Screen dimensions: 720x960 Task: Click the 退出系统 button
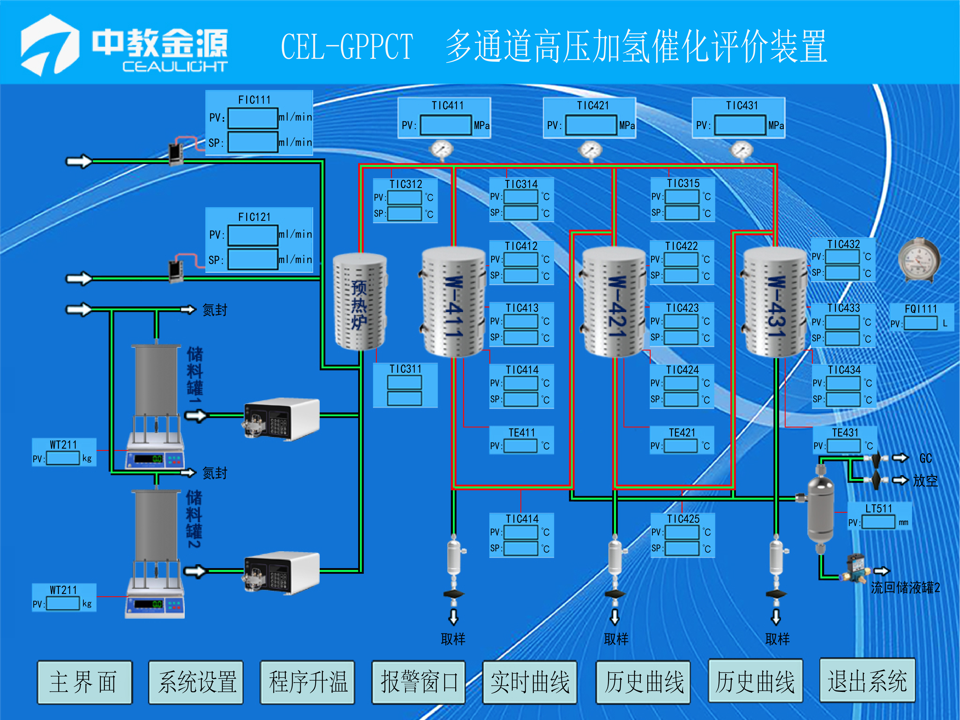coord(867,680)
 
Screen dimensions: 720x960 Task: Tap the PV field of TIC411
coord(446,125)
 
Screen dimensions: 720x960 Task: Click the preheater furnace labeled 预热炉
coord(360,302)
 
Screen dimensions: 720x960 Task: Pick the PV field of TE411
coord(521,446)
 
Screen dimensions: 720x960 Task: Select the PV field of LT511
coord(878,522)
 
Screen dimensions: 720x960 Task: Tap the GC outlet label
coord(926,458)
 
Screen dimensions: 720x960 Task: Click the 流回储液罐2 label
coord(905,588)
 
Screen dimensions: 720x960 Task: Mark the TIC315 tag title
coord(683,184)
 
